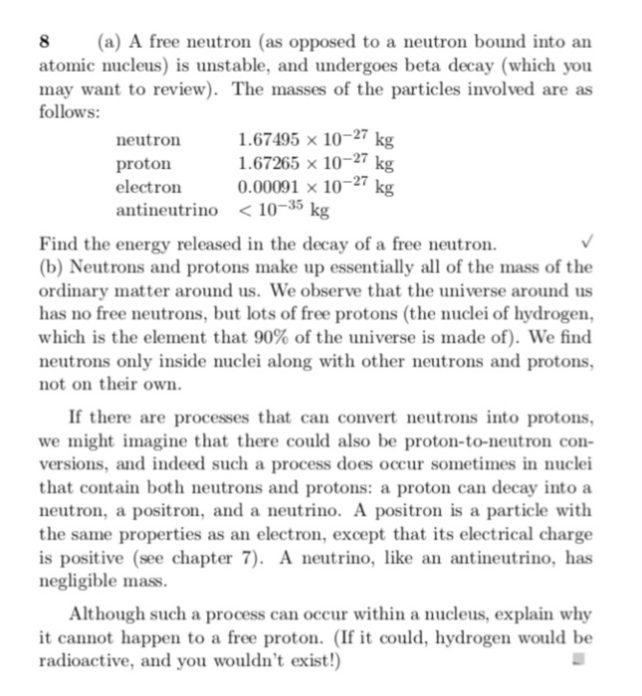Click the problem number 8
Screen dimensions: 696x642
tap(43, 43)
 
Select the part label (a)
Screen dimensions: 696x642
tap(109, 43)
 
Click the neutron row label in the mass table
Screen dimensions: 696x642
tap(149, 140)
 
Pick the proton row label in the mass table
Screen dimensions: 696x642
tap(144, 163)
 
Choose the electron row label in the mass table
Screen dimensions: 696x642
tap(149, 186)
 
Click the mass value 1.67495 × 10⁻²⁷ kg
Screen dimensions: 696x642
tap(317, 139)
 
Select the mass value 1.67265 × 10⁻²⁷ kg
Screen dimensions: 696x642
tap(317, 162)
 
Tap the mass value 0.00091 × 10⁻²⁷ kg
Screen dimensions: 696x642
tap(317, 186)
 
